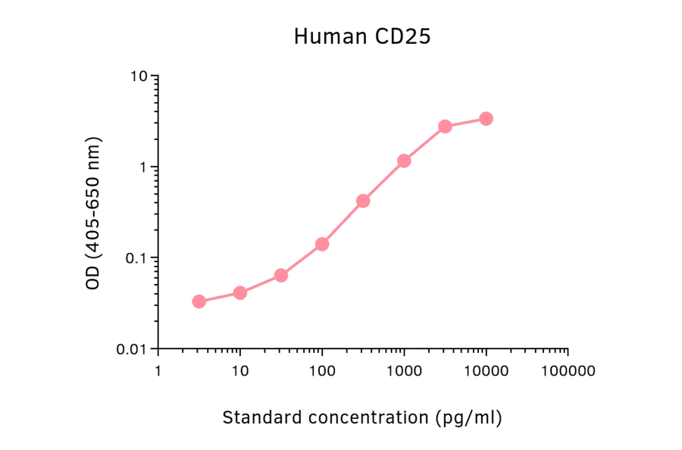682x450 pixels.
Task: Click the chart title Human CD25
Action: point(362,36)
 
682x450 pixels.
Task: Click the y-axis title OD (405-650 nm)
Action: point(93,214)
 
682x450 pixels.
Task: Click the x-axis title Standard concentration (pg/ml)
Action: point(362,417)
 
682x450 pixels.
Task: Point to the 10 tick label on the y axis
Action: point(138,77)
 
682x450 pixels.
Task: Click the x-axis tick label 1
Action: point(158,371)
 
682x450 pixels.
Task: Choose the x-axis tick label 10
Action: point(240,371)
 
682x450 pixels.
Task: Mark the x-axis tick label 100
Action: point(322,371)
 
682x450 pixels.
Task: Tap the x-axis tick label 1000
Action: point(404,371)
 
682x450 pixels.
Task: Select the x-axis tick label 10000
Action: point(486,371)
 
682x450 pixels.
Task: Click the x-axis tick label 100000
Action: point(568,371)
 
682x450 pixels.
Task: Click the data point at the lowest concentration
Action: point(199,302)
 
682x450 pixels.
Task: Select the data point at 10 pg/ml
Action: point(240,292)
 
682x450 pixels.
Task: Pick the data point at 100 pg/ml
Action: point(322,244)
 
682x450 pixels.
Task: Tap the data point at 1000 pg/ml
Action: point(404,161)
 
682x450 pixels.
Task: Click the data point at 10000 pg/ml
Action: point(486,118)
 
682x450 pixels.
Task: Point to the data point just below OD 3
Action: point(445,126)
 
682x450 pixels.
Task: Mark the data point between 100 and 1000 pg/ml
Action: point(363,201)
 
